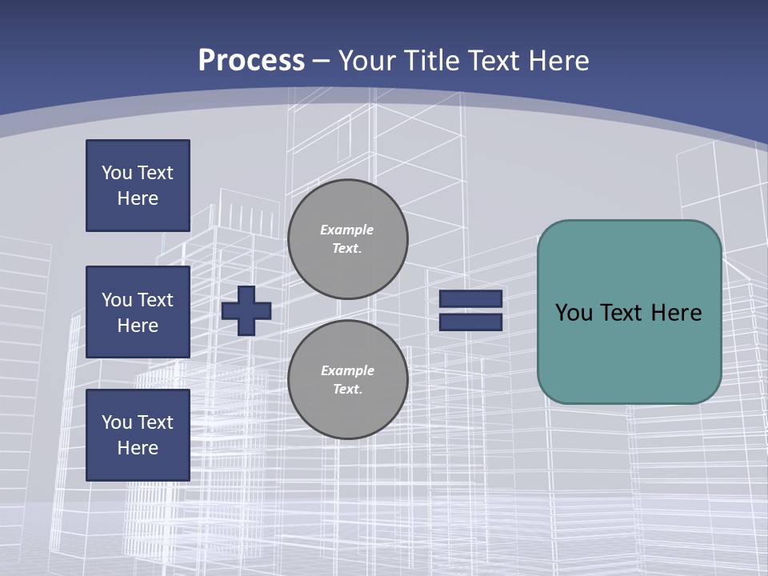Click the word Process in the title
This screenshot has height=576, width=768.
point(251,61)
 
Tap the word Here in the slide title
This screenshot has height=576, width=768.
point(558,61)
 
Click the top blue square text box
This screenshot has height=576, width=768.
point(138,186)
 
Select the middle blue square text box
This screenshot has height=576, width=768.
point(138,312)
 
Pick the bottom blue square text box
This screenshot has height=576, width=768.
point(138,435)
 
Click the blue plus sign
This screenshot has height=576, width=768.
point(246,310)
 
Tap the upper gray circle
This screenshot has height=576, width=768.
point(348,239)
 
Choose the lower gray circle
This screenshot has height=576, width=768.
point(348,380)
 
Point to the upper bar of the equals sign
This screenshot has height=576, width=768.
point(470,299)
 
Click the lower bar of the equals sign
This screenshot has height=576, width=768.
point(470,322)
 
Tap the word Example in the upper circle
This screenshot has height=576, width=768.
point(346,230)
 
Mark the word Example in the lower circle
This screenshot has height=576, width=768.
point(347,371)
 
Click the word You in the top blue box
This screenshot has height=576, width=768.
point(116,173)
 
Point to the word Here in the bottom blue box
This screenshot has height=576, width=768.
point(138,449)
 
